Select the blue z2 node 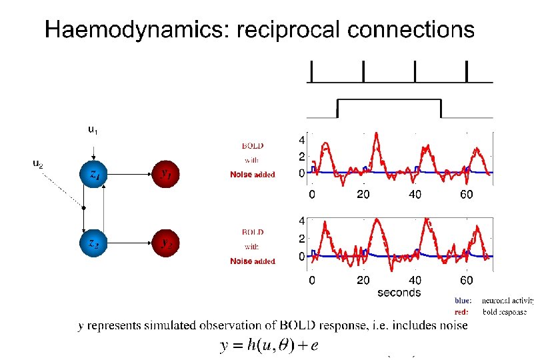pos(94,243)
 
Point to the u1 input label pos(94,130)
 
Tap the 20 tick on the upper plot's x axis pos(363,195)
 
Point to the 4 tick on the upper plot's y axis pos(301,141)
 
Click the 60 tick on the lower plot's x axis pos(467,280)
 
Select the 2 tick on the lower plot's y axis pos(301,239)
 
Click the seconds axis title pos(399,292)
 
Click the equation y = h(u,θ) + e pos(268,345)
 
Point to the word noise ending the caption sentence pos(453,325)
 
